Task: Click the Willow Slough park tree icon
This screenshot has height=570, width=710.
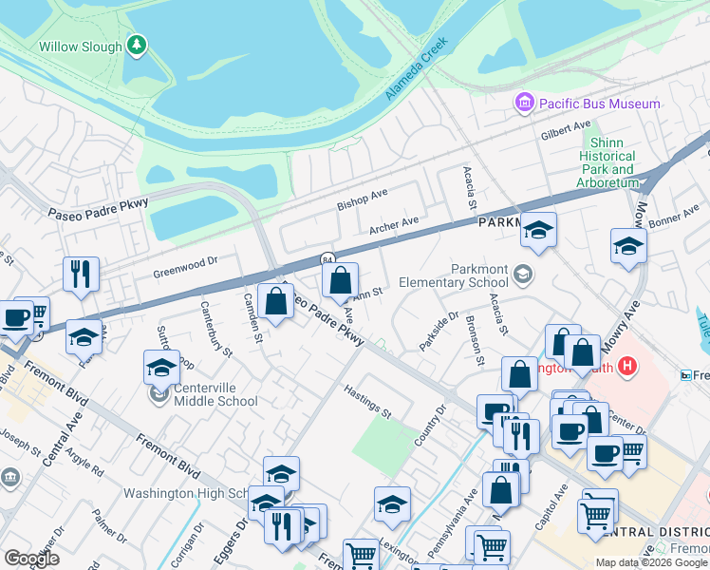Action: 138,45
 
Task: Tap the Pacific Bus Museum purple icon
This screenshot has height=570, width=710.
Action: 524,103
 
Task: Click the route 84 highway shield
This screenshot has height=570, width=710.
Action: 327,258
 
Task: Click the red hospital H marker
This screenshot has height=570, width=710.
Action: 626,365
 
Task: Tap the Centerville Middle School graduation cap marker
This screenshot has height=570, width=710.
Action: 161,367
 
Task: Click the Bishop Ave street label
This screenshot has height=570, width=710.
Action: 363,199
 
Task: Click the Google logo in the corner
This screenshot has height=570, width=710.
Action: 31,559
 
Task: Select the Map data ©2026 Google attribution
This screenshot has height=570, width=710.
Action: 650,562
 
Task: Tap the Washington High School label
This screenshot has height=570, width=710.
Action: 186,493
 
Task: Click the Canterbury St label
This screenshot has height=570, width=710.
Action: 216,329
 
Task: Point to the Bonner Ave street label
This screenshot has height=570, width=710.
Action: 674,220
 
